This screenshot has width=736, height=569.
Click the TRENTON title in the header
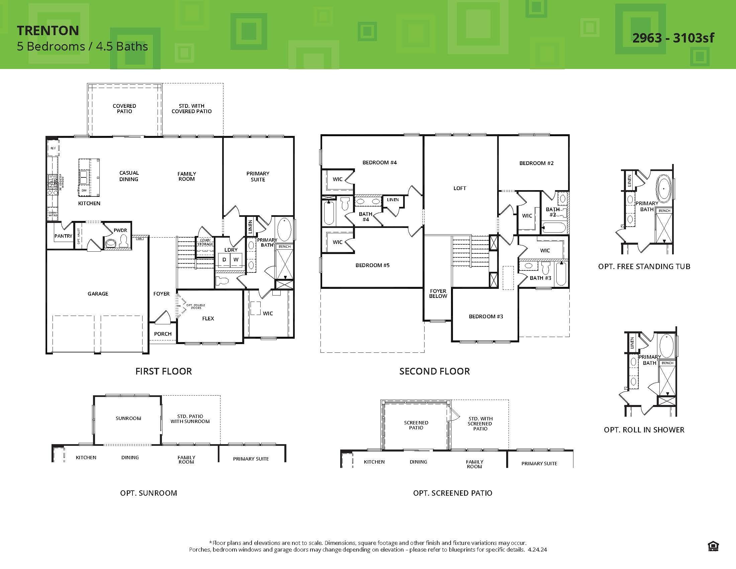[48, 31]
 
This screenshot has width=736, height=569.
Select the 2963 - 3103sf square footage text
[673, 38]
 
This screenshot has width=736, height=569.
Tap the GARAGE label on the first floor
[98, 294]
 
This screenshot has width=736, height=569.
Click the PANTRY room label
[63, 236]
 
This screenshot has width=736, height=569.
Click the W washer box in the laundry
[236, 259]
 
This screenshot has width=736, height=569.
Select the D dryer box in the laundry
[224, 259]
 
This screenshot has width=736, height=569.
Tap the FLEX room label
[208, 318]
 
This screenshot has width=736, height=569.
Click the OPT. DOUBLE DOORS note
[195, 306]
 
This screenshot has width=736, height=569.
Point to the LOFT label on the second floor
[460, 188]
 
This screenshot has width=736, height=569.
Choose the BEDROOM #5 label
[372, 265]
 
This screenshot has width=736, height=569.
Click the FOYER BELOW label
[438, 293]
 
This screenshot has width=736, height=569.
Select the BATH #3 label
[540, 278]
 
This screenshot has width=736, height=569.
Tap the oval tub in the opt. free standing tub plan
[663, 188]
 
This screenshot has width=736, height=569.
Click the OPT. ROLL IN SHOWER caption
[644, 430]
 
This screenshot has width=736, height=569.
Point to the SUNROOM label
[128, 418]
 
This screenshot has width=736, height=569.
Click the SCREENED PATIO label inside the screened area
[416, 425]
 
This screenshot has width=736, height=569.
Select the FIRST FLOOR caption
[164, 371]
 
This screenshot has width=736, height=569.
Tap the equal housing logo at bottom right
[714, 546]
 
